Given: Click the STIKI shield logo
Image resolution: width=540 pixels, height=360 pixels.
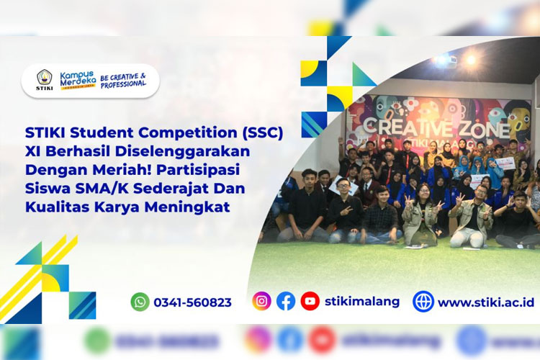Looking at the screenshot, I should click(45, 80).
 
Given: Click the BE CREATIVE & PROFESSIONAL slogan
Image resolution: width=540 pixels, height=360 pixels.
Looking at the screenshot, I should click(123, 79).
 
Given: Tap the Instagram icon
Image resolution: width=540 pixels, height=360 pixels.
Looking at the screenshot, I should click(262, 301).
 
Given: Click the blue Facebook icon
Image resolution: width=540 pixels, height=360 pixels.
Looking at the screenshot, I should click(286, 301).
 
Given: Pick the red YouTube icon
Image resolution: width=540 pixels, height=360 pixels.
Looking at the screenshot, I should click(310, 301).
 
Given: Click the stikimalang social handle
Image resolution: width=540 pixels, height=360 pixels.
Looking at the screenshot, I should click(362, 301).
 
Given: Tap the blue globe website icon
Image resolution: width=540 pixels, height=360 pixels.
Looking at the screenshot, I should click(423, 302).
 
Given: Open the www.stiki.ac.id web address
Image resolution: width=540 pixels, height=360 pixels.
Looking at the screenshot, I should click(486, 302).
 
